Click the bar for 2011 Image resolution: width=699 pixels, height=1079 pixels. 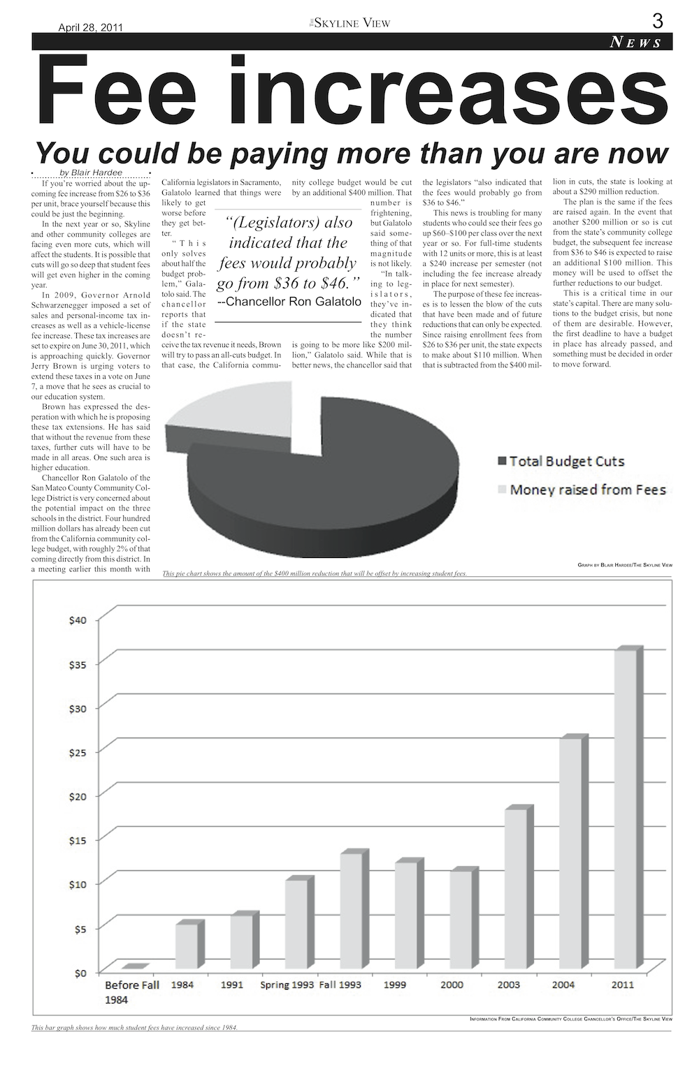pyautogui.click(x=625, y=810)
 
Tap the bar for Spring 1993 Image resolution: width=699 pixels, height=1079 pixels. pyautogui.click(x=296, y=925)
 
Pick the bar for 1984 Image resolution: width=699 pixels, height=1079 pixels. pyautogui.click(x=186, y=946)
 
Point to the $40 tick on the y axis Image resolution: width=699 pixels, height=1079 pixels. pyautogui.click(x=78, y=620)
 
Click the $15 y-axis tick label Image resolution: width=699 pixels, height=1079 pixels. pyautogui.click(x=78, y=839)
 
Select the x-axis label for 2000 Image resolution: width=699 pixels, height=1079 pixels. pyautogui.click(x=452, y=985)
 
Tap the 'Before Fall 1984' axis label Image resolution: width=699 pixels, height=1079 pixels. pyautogui.click(x=131, y=992)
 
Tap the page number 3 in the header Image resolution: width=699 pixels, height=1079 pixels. pyautogui.click(x=657, y=21)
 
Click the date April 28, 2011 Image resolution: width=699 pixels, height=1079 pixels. pyautogui.click(x=90, y=28)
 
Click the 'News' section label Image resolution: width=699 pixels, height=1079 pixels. pyautogui.click(x=636, y=43)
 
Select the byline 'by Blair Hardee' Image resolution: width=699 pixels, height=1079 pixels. pyautogui.click(x=91, y=173)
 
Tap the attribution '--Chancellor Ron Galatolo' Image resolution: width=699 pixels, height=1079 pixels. pyautogui.click(x=289, y=302)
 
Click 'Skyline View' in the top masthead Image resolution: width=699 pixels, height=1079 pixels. pyautogui.click(x=352, y=23)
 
